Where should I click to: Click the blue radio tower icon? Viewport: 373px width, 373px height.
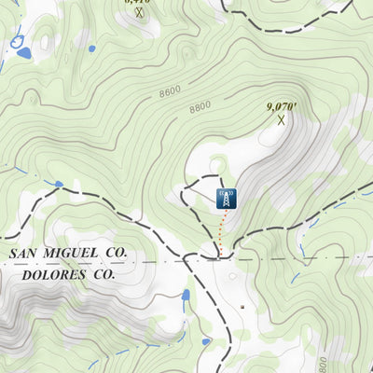pos(224,198)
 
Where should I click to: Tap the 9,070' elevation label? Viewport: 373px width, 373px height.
pos(281,107)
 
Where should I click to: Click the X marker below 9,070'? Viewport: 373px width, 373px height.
pos(281,119)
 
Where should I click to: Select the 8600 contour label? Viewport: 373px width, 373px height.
pos(170,92)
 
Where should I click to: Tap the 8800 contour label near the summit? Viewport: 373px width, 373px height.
pos(200,107)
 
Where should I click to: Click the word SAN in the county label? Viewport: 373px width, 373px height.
pos(25,254)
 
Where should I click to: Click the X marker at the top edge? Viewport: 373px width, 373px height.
pos(139,13)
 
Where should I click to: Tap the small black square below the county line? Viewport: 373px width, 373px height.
pos(242,305)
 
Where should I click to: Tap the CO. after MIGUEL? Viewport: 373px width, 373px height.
pos(116,254)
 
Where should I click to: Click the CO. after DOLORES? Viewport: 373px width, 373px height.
pos(106,275)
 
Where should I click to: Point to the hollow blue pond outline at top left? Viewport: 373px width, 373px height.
pos(16,40)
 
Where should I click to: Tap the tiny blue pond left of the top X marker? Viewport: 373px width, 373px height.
pos(91,48)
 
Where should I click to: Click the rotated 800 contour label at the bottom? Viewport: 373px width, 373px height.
pos(324,361)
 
